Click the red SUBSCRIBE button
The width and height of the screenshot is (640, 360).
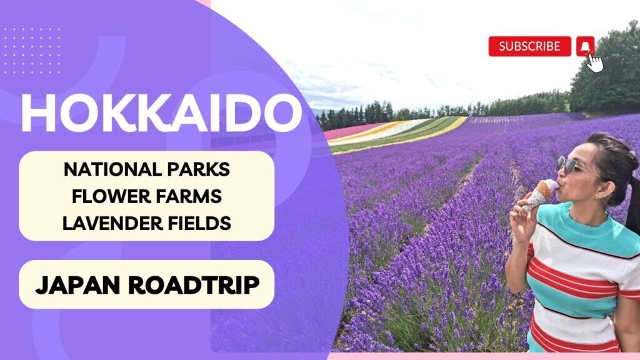(x=529, y=46)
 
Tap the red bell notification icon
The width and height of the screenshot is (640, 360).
(x=585, y=46)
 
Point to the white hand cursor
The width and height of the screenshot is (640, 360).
(x=595, y=62)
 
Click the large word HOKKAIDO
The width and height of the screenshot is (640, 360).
(x=161, y=113)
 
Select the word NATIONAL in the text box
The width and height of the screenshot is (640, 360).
(x=109, y=169)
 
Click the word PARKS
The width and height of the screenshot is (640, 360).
(x=194, y=169)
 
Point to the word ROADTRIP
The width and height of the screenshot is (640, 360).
(x=194, y=284)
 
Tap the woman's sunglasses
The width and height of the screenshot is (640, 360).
(x=569, y=165)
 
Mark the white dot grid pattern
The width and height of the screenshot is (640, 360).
(x=32, y=51)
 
